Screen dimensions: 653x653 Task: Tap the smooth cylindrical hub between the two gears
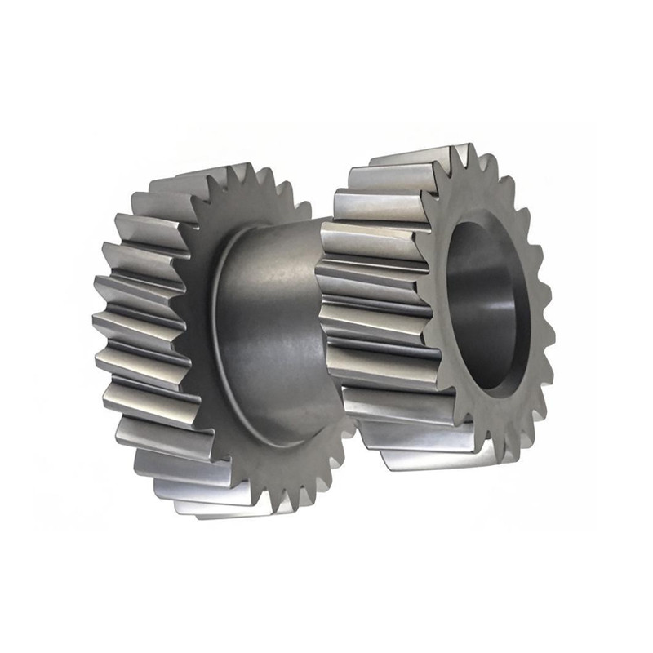tap(269, 326)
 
